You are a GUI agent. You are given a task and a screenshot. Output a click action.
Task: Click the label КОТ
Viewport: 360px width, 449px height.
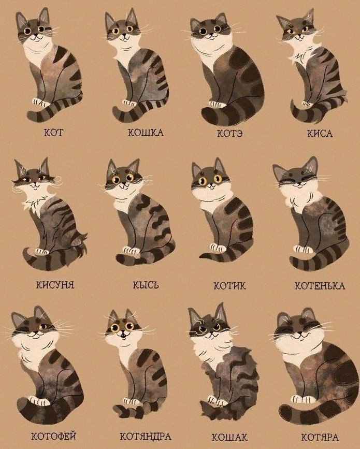53,133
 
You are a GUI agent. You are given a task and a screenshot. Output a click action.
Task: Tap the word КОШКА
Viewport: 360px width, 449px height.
146,133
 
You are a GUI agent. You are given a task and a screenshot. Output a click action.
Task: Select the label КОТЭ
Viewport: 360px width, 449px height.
229,134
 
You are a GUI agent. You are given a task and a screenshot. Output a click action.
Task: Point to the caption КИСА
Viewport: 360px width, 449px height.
320,134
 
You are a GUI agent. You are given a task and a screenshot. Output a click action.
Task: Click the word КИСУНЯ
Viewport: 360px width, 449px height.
55,285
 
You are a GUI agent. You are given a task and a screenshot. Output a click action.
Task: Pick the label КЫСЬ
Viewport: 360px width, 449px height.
146,285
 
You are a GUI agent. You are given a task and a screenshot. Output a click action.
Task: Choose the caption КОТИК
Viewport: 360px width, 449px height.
229,286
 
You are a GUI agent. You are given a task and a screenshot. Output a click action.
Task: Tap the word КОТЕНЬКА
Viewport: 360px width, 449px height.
320,286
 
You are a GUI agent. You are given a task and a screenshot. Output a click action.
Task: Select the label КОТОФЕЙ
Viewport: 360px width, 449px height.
53,437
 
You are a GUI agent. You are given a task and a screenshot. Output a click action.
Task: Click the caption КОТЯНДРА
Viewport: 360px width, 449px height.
146,437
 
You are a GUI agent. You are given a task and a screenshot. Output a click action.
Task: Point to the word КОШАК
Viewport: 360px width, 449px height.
229,437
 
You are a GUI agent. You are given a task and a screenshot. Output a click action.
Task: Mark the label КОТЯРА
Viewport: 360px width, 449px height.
320,437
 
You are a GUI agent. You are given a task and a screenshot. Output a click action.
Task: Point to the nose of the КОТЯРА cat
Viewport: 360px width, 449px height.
299,333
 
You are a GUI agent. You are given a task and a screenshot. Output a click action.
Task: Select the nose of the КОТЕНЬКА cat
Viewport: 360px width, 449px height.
297,185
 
